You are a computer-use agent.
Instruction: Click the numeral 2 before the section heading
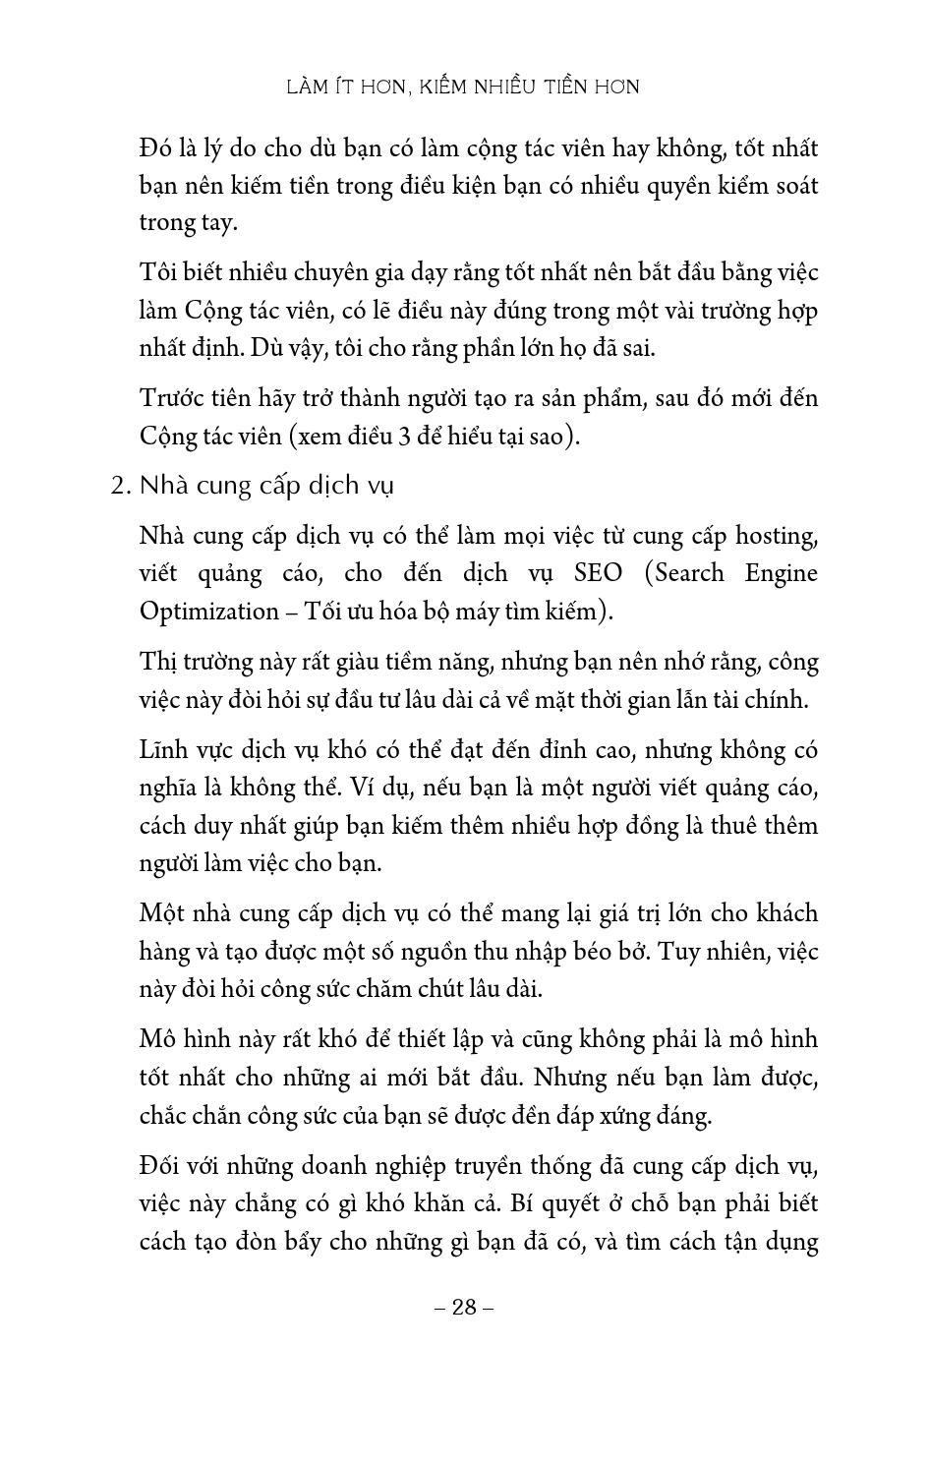coord(116,486)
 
